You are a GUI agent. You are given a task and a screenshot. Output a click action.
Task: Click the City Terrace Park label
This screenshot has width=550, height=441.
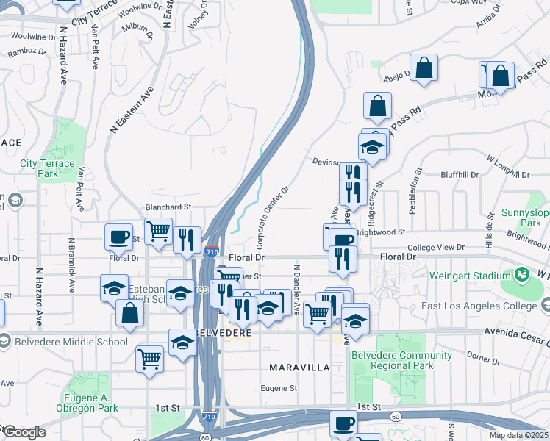(x=48, y=168)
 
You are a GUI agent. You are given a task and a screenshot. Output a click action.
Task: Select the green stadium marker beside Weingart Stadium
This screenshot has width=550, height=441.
(x=522, y=276)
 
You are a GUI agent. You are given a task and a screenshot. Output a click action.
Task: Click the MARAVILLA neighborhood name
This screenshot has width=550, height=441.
(x=296, y=367)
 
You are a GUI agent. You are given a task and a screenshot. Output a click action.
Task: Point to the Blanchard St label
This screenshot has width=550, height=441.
(x=168, y=207)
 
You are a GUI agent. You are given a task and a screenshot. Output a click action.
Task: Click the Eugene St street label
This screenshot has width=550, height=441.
(x=279, y=388)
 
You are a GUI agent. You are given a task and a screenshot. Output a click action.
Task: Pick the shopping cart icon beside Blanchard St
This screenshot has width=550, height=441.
(x=158, y=232)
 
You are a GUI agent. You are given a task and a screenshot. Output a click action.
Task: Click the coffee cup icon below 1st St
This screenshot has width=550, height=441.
(x=343, y=423)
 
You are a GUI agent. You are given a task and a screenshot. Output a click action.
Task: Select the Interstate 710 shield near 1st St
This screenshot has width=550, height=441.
(x=210, y=417)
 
